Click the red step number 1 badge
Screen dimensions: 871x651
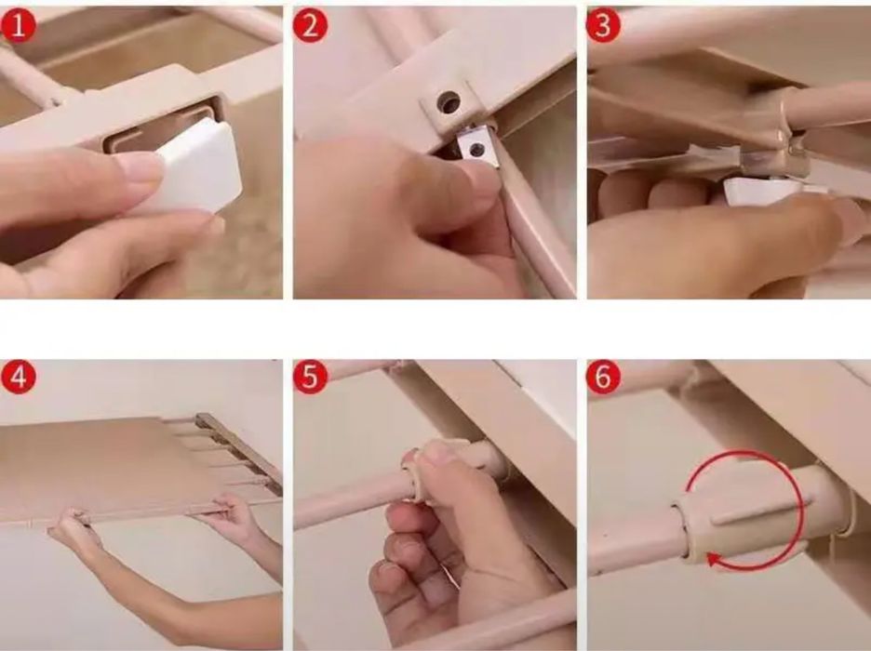[19, 26]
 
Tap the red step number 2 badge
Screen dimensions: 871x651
[310, 26]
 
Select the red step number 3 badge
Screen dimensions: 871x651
[603, 26]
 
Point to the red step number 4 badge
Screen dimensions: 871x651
[19, 378]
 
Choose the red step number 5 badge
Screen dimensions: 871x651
[310, 378]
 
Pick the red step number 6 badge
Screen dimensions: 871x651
[603, 378]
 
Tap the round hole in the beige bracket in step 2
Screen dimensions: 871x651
[449, 102]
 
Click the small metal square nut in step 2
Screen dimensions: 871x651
[477, 147]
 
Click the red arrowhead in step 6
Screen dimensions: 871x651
[715, 561]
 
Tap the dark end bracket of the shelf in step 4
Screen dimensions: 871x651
[240, 449]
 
